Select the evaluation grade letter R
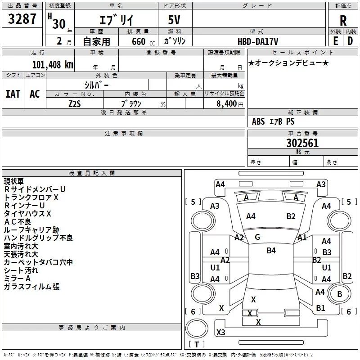click(x=343, y=21)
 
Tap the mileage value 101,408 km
click(x=53, y=64)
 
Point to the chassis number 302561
click(x=302, y=143)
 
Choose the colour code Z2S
click(x=75, y=103)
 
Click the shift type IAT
click(x=13, y=94)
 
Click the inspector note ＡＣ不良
click(x=18, y=221)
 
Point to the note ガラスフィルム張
click(x=31, y=287)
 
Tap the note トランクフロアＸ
click(x=31, y=197)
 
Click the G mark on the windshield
click(x=257, y=237)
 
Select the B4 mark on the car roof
click(x=271, y=251)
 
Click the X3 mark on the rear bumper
click(x=220, y=333)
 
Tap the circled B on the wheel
click(x=340, y=294)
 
